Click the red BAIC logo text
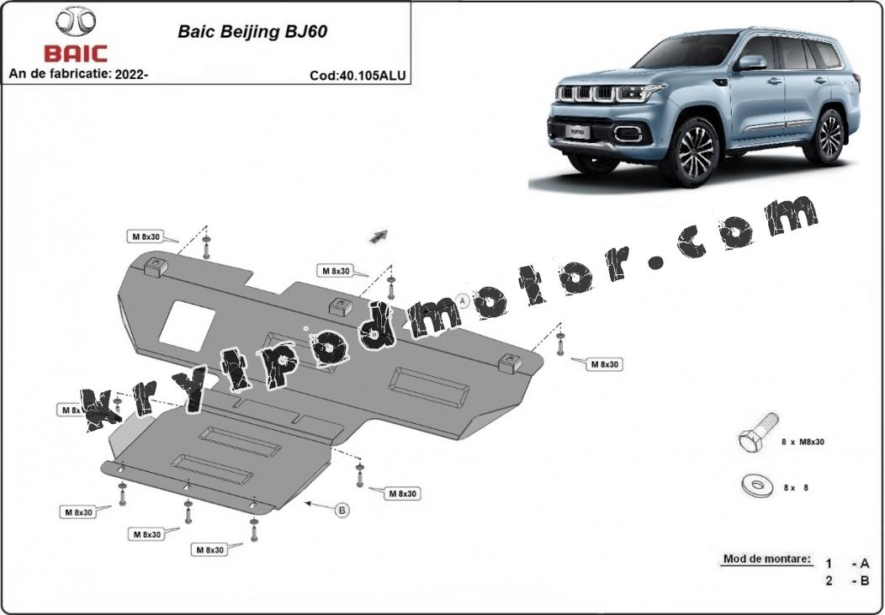click(x=76, y=54)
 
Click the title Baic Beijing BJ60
click(x=252, y=33)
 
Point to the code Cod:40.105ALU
click(x=358, y=75)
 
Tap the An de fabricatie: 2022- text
click(x=78, y=74)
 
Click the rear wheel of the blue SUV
click(x=826, y=135)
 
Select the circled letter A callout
click(x=462, y=299)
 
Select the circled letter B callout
click(x=342, y=509)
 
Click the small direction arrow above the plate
click(x=379, y=236)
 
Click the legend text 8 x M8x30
click(x=803, y=440)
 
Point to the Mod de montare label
click(x=766, y=559)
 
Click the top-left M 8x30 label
click(x=146, y=237)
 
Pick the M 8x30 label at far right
click(x=604, y=364)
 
